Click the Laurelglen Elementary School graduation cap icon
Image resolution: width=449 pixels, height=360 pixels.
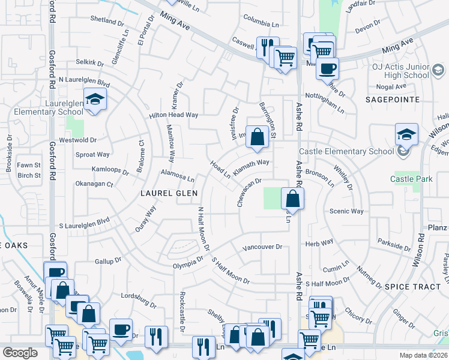[95, 100]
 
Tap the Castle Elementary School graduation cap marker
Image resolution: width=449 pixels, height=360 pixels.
[406, 136]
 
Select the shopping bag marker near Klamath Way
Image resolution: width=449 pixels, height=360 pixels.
[257, 137]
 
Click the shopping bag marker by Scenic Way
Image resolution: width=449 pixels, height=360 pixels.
[292, 199]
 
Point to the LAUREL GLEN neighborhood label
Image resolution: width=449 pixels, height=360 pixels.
[164, 194]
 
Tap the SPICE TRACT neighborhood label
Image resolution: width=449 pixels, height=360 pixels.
[413, 287]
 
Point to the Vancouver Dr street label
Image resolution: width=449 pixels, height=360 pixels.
[262, 247]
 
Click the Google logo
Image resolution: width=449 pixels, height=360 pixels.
[20, 353]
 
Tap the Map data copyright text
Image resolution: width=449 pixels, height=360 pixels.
[421, 355]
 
